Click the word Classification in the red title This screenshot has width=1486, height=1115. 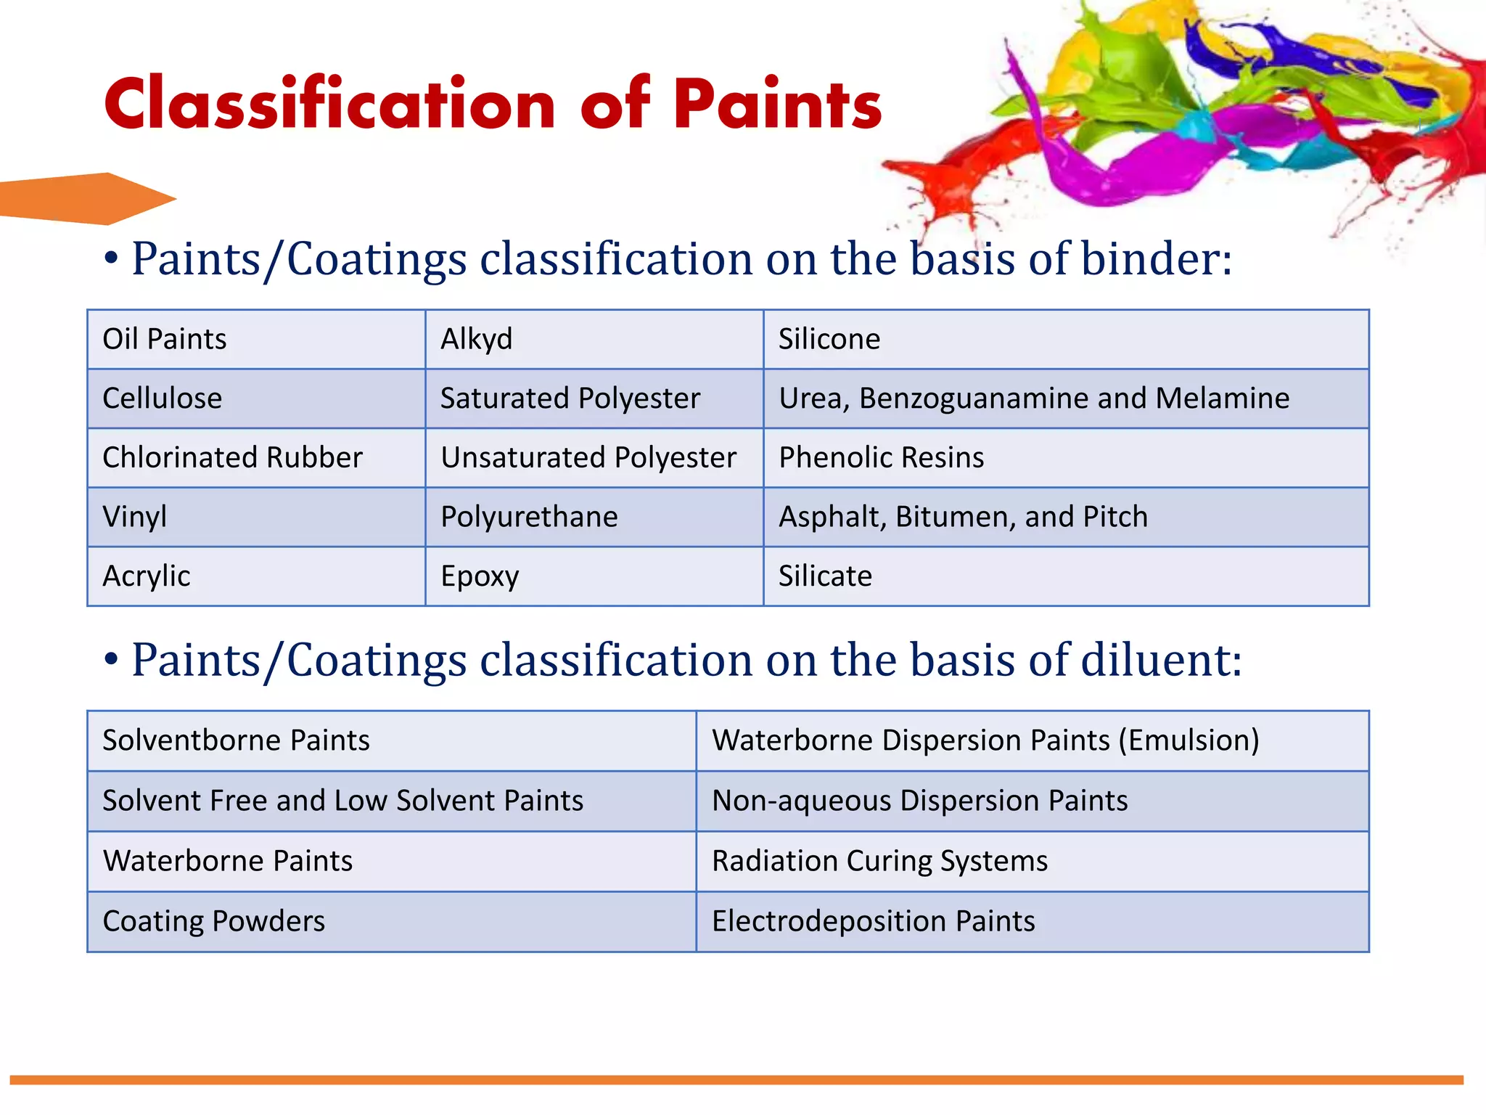(x=330, y=105)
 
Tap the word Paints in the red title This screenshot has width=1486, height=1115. (x=776, y=105)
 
